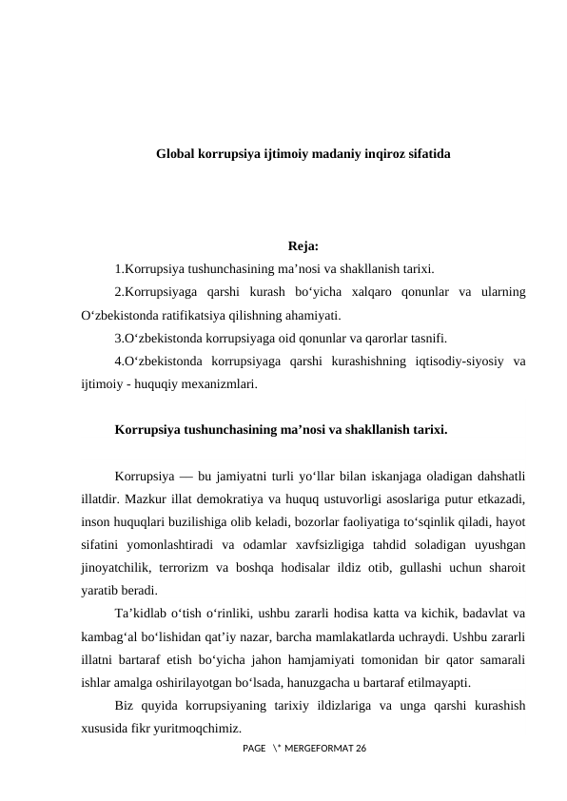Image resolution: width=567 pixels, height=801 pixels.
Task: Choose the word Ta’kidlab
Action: (141, 612)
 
